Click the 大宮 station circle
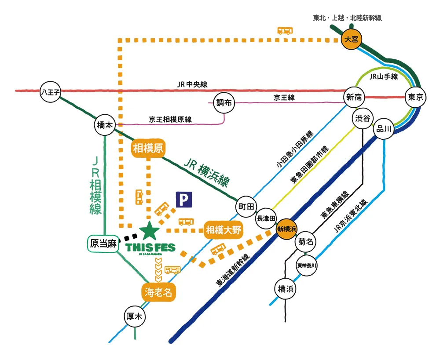pyautogui.click(x=352, y=40)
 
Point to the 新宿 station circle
pyautogui.click(x=354, y=98)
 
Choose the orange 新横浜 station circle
pyautogui.click(x=287, y=229)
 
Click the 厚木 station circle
pyautogui.click(x=135, y=316)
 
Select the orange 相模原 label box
pyautogui.click(x=148, y=149)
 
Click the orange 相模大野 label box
pyautogui.click(x=224, y=230)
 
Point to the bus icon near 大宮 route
pyautogui.click(x=285, y=31)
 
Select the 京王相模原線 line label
pyautogui.click(x=170, y=119)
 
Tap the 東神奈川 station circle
pyautogui.click(x=307, y=265)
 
